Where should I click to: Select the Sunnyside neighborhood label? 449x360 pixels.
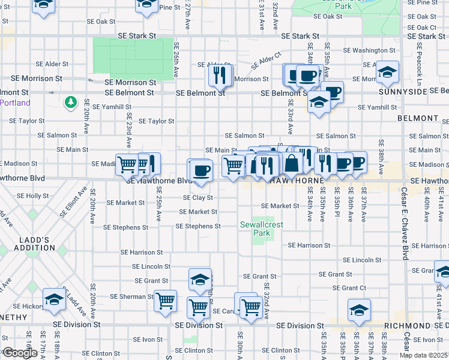[403, 92]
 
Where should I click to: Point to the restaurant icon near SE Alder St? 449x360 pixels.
[220, 74]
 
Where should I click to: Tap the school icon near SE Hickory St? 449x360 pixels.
[54, 299]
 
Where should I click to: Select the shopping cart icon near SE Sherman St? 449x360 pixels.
[165, 301]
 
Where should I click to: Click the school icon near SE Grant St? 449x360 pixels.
[200, 279]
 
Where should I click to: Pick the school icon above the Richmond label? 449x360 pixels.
[359, 309]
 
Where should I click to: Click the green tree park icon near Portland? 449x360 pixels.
[71, 103]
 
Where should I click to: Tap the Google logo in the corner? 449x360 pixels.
[20, 353]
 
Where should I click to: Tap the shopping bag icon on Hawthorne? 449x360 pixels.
[291, 162]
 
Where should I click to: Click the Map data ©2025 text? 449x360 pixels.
[424, 355]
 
